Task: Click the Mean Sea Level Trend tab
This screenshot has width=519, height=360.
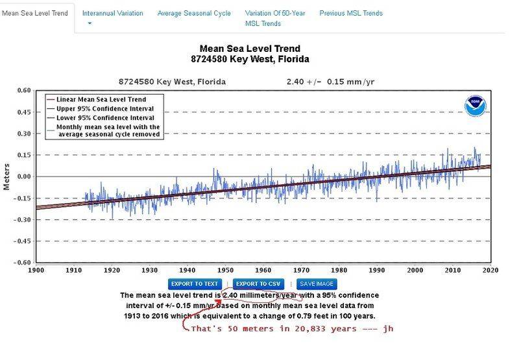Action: coord(35,13)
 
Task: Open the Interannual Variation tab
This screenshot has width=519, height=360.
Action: coord(112,13)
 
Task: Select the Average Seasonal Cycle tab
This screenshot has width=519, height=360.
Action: coord(193,13)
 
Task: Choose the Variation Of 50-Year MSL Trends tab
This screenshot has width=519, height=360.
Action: coord(274,18)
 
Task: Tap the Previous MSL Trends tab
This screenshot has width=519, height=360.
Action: coord(350,13)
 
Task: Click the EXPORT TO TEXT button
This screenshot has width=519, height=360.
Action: coord(195,284)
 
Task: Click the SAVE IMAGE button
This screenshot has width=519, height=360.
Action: coord(317,284)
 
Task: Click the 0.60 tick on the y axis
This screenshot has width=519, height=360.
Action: coord(23,91)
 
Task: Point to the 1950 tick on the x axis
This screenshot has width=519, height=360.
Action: coord(226,270)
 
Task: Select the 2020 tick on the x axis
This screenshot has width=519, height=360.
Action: coord(490,270)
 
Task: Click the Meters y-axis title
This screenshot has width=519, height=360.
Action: coord(7,176)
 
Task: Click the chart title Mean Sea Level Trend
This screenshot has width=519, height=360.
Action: coord(250,49)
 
